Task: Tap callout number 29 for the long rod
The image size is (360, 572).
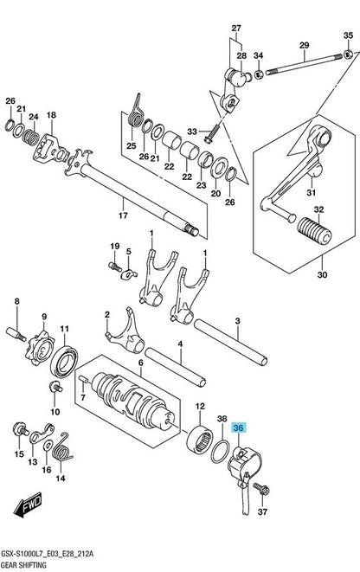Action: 304,45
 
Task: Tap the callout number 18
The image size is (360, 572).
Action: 51,115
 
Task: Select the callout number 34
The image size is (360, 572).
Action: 257,58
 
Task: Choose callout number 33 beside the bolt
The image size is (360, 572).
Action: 192,131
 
